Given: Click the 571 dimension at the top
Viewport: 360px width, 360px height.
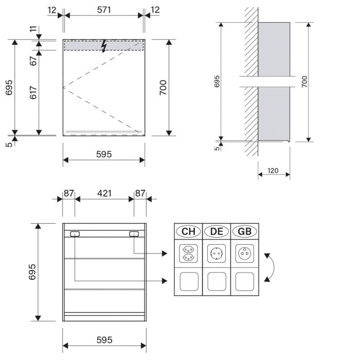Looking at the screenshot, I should coord(103,10).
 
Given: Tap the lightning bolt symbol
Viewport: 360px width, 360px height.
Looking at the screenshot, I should coord(104,46).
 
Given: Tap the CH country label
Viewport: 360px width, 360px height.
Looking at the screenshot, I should coord(188,231).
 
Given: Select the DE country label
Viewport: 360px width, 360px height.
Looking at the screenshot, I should coord(217,231).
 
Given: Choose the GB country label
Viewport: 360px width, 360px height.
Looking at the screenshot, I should coord(245,231).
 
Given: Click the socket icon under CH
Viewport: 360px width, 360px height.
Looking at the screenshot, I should coord(188,254).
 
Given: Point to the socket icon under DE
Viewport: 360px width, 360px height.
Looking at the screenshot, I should coord(217,254).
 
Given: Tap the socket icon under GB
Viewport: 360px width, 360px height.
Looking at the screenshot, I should coord(245,254).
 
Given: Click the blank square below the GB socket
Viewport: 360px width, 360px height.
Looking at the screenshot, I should coord(245,281).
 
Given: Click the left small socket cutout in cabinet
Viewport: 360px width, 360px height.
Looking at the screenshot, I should coord(75,234).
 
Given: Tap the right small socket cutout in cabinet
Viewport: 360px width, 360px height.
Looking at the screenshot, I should coord(134,234).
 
